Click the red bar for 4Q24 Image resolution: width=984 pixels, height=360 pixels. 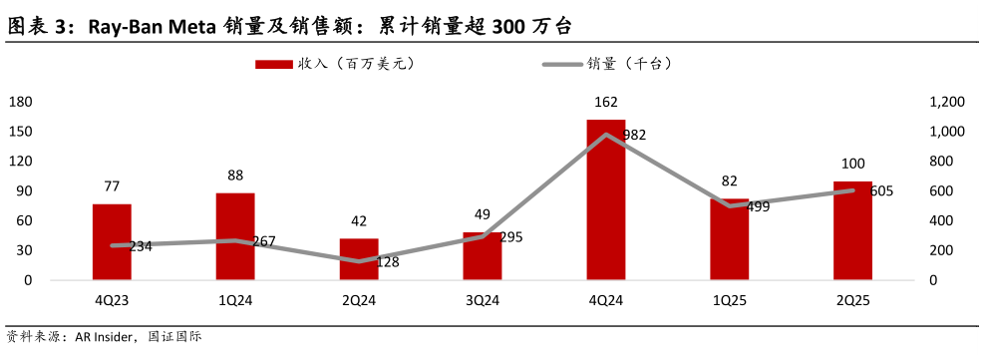(605, 199)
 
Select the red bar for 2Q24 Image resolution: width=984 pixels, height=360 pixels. (359, 259)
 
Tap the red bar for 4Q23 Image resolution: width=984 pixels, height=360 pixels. (112, 241)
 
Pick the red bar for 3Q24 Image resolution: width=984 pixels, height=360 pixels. (483, 256)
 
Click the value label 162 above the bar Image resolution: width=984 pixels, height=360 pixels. (605, 102)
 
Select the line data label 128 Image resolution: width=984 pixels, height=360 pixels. (387, 262)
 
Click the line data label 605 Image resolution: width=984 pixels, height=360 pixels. (881, 191)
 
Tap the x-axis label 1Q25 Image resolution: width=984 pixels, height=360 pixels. (729, 298)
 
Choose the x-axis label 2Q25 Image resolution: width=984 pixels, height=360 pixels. (852, 298)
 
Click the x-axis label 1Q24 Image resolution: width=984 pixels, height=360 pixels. (235, 298)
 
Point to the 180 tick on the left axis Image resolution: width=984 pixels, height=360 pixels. (21, 102)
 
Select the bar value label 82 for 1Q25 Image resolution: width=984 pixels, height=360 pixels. (729, 180)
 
